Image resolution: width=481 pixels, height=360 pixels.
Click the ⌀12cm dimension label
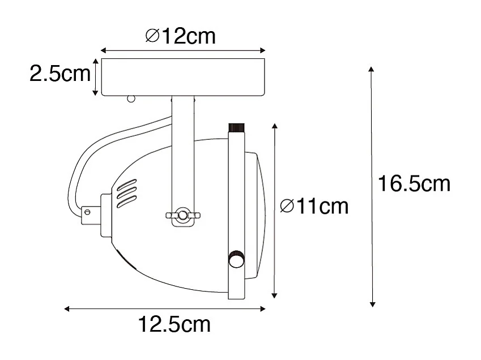[x=180, y=37]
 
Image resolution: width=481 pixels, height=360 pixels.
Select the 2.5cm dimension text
[x=59, y=74]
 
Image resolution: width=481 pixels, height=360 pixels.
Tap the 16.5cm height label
[x=414, y=184]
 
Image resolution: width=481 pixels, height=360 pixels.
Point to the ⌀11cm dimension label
[x=314, y=207]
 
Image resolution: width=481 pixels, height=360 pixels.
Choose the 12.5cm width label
[x=174, y=325]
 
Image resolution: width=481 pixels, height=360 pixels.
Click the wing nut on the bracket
[x=182, y=215]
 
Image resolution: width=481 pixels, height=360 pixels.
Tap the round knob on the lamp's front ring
[x=236, y=259]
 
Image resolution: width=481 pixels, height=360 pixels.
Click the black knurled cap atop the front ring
[x=236, y=127]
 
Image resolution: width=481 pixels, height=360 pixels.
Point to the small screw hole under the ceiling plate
[x=131, y=99]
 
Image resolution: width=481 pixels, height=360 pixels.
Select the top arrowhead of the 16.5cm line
[x=372, y=70]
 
